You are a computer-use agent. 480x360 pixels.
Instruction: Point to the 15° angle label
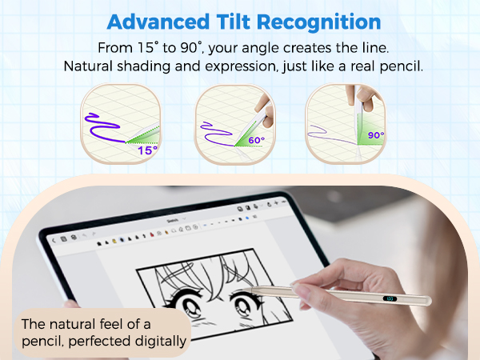click(x=147, y=150)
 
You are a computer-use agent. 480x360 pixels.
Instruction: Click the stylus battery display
click(x=390, y=299)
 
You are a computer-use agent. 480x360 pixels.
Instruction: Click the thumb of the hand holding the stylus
click(x=308, y=283)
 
